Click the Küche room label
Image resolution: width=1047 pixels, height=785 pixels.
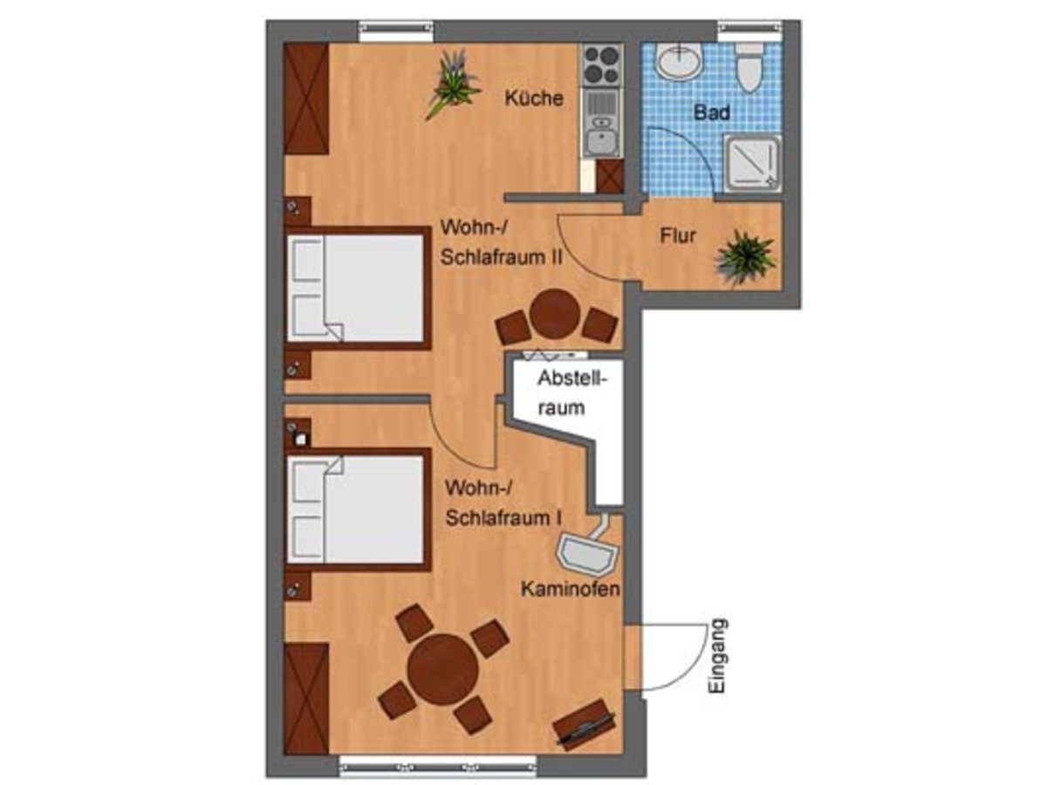coord(534,99)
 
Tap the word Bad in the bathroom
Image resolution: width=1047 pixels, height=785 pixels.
coord(712,113)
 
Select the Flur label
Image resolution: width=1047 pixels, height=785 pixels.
coord(678,235)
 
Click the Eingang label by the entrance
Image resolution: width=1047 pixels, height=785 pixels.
coord(717,655)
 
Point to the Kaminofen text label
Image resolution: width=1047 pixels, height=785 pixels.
coord(570,589)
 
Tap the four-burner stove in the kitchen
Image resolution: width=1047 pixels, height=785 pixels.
coord(602,65)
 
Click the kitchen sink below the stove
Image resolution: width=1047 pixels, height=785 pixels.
coord(602,123)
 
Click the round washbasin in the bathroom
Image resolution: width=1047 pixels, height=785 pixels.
coord(679,60)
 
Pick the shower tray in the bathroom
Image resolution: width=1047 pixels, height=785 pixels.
coord(752,164)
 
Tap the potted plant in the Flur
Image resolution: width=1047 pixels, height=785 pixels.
coord(744,257)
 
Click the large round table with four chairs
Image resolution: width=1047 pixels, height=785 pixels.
coord(443,669)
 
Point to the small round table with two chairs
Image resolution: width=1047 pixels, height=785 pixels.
coord(556,315)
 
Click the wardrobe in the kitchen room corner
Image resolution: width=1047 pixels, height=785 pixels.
coord(306,99)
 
